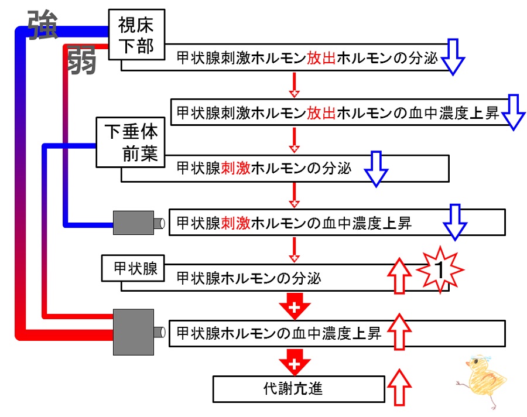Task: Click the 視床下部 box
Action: click(136, 35)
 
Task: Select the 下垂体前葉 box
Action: click(131, 142)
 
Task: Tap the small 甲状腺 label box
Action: click(133, 268)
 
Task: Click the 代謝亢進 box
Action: click(299, 389)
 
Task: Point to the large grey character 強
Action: click(43, 25)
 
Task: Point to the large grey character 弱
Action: click(81, 59)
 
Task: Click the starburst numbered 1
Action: click(440, 270)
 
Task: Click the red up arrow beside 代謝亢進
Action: click(399, 387)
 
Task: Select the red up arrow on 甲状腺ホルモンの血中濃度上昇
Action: click(399, 331)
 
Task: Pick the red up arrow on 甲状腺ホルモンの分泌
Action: click(399, 276)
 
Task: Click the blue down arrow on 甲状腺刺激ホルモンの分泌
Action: click(376, 169)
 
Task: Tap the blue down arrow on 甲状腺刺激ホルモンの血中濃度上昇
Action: click(455, 223)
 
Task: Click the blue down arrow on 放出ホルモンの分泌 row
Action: click(453, 57)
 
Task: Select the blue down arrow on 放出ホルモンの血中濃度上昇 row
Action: click(513, 112)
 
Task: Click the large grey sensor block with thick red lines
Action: click(134, 332)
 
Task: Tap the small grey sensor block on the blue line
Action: click(134, 223)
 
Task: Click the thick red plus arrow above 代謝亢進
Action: click(295, 363)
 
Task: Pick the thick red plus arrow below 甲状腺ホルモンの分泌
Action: click(295, 306)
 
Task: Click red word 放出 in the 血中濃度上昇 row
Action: click(321, 113)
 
